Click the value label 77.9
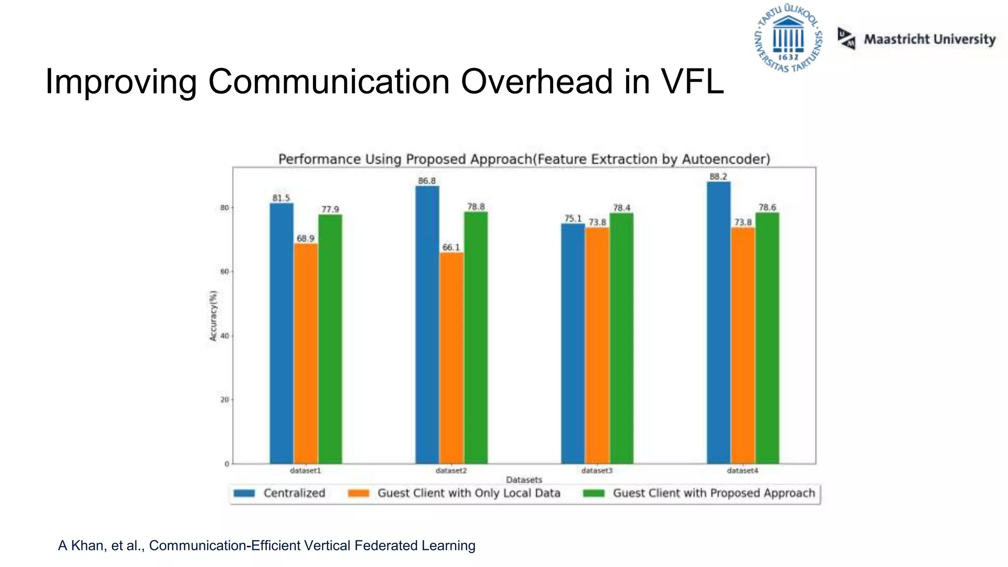click(x=330, y=210)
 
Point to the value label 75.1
click(x=573, y=219)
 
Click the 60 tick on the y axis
click(x=224, y=272)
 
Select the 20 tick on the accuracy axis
click(x=224, y=400)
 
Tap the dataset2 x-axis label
click(x=451, y=471)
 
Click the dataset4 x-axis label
click(x=742, y=471)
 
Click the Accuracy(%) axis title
click(x=213, y=316)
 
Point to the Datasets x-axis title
click(x=524, y=479)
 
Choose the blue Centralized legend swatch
click(x=244, y=493)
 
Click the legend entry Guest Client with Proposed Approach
click(x=714, y=493)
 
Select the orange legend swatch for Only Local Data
click(x=358, y=493)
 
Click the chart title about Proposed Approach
click(x=524, y=159)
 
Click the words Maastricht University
click(x=929, y=39)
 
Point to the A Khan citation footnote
click(x=266, y=545)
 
